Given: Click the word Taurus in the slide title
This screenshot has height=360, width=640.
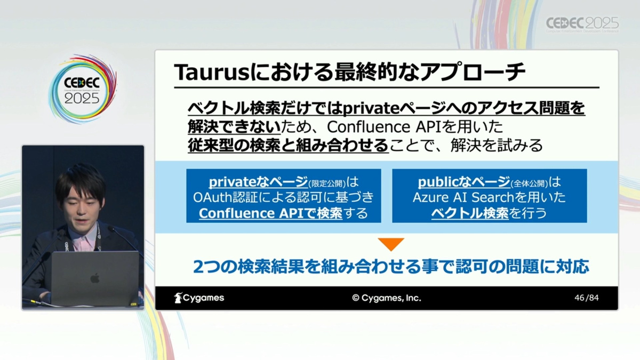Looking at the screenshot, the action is point(212,73).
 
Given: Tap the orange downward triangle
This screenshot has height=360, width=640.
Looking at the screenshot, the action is point(391,244).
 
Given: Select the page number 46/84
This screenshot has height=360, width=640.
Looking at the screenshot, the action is point(587,298).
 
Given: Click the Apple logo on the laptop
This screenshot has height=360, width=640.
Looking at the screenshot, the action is point(95,278).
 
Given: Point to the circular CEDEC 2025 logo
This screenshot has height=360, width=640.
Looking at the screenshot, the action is point(83,89).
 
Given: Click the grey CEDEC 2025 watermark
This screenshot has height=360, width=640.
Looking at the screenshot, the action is point(582,24).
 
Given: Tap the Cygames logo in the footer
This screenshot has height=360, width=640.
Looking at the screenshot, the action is point(199,298).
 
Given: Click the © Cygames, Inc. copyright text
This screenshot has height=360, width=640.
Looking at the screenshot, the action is point(387,298).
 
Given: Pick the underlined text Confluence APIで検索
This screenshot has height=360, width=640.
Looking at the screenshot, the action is point(270,213).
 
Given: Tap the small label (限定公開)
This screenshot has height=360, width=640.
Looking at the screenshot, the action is point(327,183).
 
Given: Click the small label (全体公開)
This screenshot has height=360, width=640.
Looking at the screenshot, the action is point(529,183).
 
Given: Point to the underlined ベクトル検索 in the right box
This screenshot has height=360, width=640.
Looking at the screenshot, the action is point(470,213).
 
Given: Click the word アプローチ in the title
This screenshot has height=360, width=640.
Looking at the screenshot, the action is point(473,73).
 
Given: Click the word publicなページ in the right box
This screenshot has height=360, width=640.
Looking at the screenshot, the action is point(464,182).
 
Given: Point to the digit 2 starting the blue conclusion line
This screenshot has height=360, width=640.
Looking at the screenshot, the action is point(198,267).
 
